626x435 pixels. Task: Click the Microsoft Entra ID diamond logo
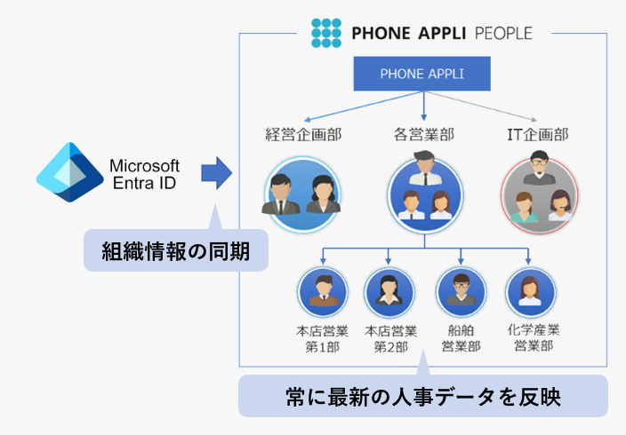click(69, 173)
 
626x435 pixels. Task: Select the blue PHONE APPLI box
click(422, 75)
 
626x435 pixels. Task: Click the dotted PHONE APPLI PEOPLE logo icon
click(326, 33)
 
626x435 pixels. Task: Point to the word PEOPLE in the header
click(502, 34)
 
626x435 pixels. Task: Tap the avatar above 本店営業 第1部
click(323, 291)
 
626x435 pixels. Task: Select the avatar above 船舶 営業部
click(461, 291)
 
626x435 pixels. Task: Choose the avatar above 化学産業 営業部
click(530, 291)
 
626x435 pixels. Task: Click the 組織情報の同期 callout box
click(175, 251)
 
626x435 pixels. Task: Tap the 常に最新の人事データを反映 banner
click(422, 396)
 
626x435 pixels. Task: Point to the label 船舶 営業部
click(461, 337)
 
